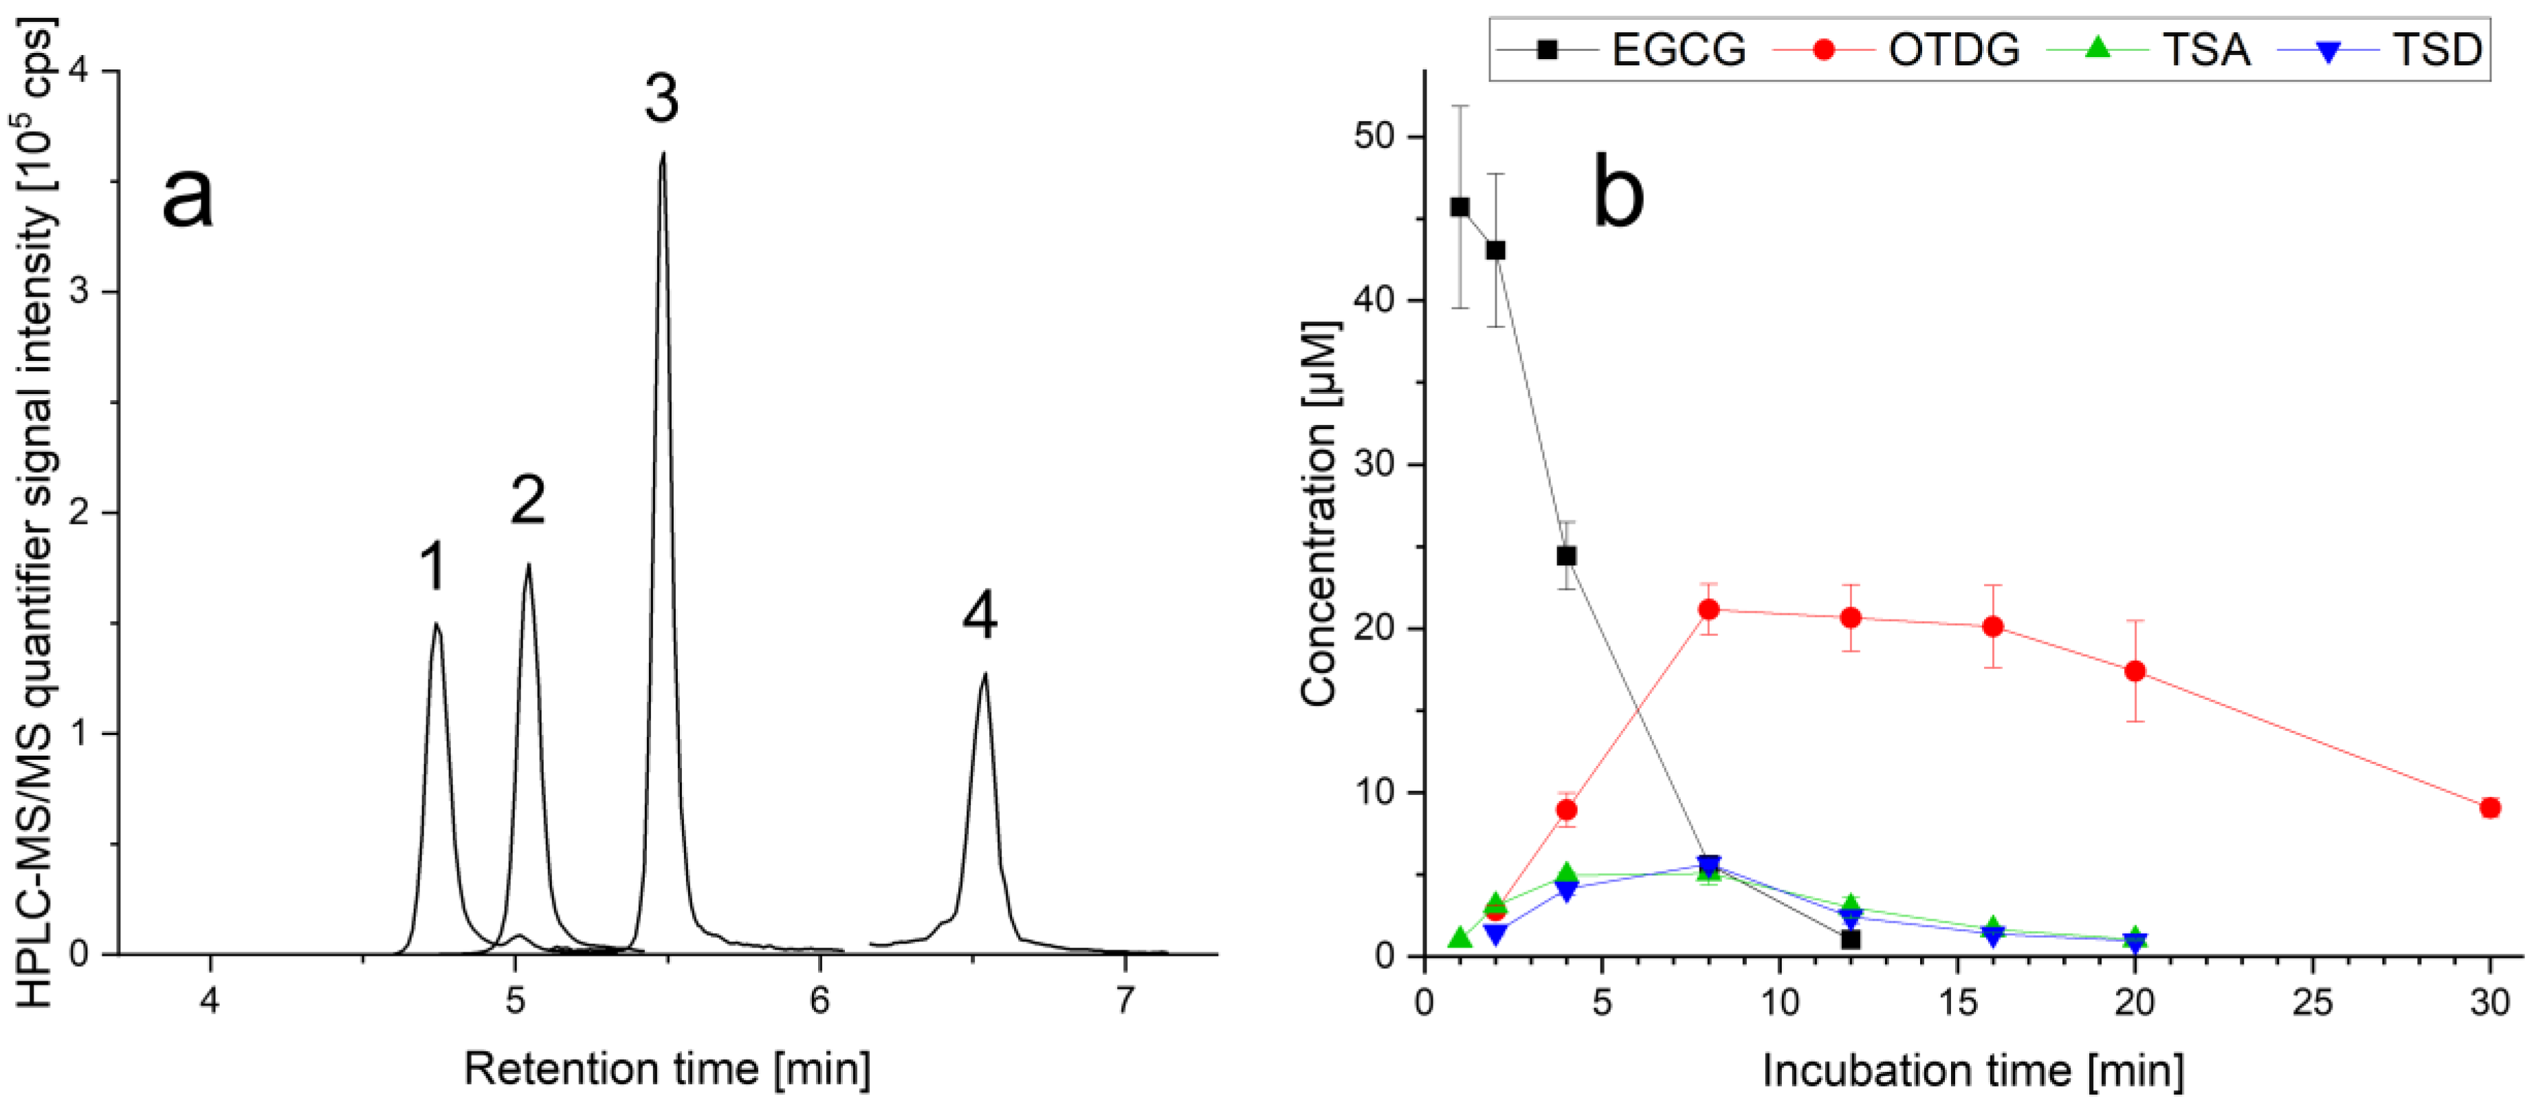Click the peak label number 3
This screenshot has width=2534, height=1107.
point(661,100)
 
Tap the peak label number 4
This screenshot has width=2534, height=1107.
point(980,617)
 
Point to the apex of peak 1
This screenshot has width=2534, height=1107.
point(436,624)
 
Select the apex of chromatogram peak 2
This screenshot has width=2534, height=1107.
point(528,565)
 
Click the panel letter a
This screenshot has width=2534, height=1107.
point(187,195)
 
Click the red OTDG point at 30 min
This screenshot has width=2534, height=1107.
point(2490,808)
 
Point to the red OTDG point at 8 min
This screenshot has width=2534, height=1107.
point(1708,609)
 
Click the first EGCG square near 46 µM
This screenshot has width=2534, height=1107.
point(1459,207)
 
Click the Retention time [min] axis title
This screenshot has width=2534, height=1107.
point(667,1068)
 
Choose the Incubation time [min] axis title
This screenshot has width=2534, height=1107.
point(1972,1071)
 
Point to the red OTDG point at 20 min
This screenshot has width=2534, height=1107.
point(2135,671)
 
